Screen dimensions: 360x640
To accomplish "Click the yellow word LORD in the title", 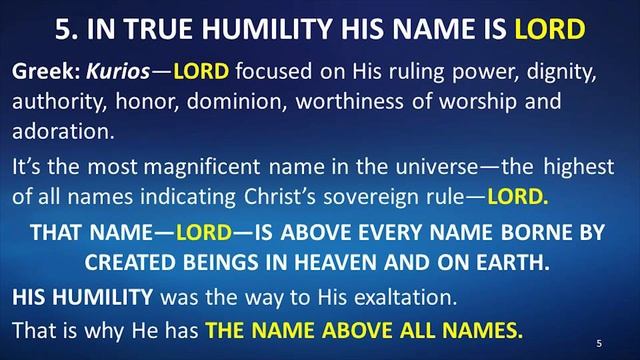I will pyautogui.click(x=549, y=29).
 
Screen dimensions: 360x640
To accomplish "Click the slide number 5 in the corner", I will pyautogui.click(x=598, y=341).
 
